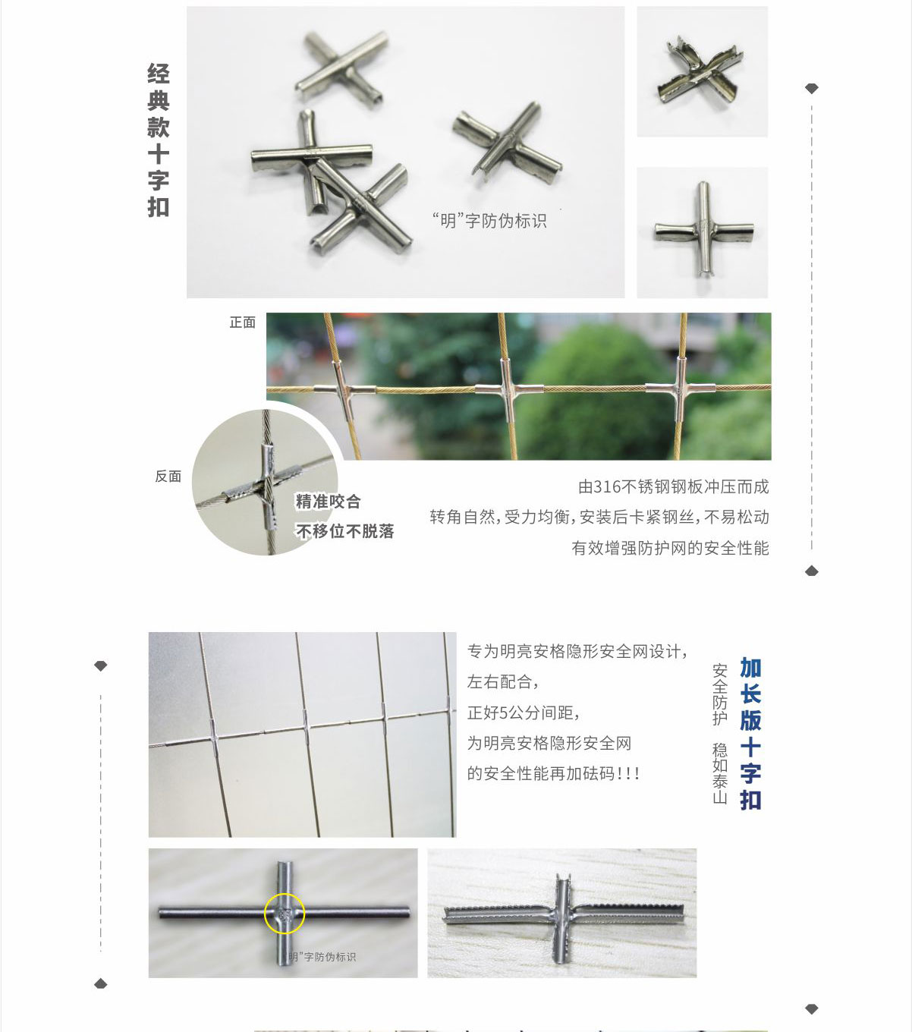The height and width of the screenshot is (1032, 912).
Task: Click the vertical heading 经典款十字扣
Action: click(x=158, y=140)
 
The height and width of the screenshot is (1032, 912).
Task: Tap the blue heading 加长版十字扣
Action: click(x=750, y=734)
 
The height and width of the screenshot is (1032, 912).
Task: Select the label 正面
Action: click(x=243, y=322)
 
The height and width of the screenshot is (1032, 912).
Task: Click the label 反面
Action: click(x=168, y=477)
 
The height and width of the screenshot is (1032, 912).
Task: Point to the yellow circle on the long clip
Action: click(x=285, y=914)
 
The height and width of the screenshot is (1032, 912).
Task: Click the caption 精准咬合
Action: click(x=328, y=502)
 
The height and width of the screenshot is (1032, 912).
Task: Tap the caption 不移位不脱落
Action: click(x=345, y=531)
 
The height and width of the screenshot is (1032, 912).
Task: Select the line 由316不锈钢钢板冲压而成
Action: click(x=673, y=487)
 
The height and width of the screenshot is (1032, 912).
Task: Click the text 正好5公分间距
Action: click(x=524, y=713)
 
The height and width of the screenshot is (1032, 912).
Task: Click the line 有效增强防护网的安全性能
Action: click(x=670, y=548)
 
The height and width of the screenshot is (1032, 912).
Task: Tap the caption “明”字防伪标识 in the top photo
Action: click(x=489, y=221)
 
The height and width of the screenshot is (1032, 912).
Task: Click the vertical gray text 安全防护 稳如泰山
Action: click(x=719, y=734)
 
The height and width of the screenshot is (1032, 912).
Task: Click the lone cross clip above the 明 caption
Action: click(x=508, y=142)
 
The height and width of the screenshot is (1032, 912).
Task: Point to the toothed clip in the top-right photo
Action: click(x=700, y=72)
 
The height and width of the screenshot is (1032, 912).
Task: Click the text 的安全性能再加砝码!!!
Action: click(x=553, y=774)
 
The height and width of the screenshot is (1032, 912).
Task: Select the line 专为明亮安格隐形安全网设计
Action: click(x=577, y=651)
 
